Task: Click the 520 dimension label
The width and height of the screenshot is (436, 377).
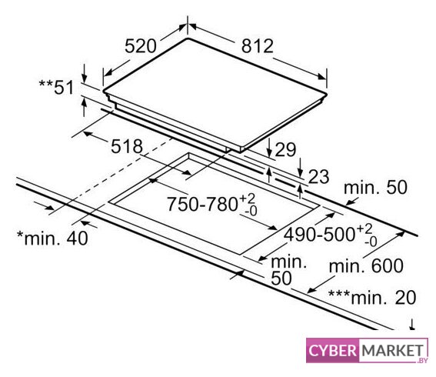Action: pyautogui.click(x=141, y=46)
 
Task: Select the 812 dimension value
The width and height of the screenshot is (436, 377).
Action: pyautogui.click(x=257, y=46)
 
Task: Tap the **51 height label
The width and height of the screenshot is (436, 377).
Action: pyautogui.click(x=56, y=87)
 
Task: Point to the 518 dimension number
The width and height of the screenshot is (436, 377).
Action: pyautogui.click(x=127, y=146)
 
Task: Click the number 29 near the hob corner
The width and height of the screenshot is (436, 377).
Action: pyautogui.click(x=285, y=150)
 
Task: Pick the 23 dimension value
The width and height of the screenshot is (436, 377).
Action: pyautogui.click(x=318, y=176)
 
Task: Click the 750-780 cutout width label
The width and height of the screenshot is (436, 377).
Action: pyautogui.click(x=202, y=204)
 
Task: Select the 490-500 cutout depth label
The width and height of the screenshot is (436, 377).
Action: pyautogui.click(x=319, y=234)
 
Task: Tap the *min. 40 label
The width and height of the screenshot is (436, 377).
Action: pyautogui.click(x=52, y=238)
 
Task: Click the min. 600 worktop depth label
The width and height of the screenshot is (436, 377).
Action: pyautogui.click(x=366, y=265)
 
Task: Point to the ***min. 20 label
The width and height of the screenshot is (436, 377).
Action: pyautogui.click(x=372, y=297)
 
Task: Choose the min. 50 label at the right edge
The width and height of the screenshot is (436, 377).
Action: pyautogui.click(x=375, y=188)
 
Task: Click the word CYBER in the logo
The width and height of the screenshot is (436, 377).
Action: pyautogui.click(x=332, y=350)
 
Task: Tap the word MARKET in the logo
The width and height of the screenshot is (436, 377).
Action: pyautogui.click(x=392, y=350)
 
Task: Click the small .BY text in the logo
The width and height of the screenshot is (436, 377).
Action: pyautogui.click(x=422, y=360)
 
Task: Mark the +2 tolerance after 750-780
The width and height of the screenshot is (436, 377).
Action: pyautogui.click(x=247, y=199)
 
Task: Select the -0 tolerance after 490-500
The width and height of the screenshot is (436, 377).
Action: pyautogui.click(x=371, y=242)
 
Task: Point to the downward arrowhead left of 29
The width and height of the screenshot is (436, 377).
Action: pyautogui.click(x=269, y=153)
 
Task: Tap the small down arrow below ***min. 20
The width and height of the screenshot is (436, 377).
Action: pyautogui.click(x=412, y=325)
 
